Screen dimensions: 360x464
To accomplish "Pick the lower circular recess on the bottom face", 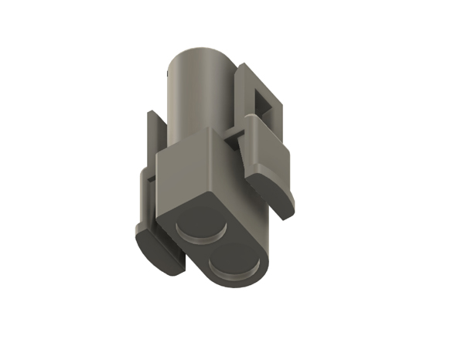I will (x=235, y=262).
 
